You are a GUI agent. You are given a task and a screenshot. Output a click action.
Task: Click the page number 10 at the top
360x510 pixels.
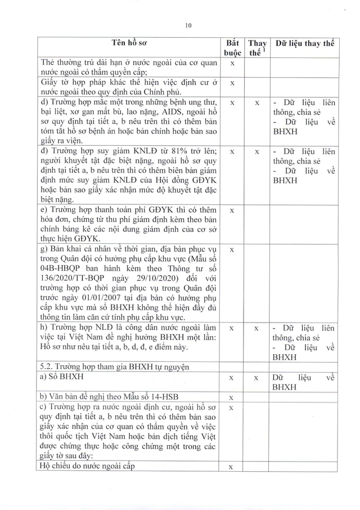188,24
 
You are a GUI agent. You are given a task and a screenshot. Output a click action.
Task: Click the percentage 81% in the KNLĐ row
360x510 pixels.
162,152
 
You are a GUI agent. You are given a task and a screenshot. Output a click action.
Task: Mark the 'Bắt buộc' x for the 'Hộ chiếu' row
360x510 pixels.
232,467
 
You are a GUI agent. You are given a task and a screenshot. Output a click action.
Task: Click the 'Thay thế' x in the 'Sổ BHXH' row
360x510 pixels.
256,378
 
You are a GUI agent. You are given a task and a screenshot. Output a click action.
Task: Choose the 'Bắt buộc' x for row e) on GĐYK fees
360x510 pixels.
232,211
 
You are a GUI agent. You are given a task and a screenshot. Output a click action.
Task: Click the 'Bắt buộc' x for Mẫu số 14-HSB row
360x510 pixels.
232,398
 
